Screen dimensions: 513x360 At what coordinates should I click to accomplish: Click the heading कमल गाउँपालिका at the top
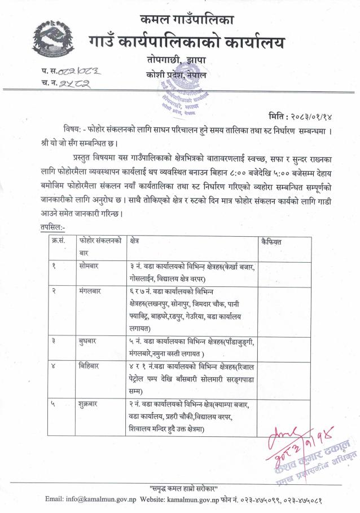(x=187, y=21)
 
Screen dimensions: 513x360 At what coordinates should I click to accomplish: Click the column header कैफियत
(x=272, y=241)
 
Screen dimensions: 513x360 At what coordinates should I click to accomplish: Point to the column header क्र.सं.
(x=58, y=241)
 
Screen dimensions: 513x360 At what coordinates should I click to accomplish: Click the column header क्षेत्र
(x=134, y=241)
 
